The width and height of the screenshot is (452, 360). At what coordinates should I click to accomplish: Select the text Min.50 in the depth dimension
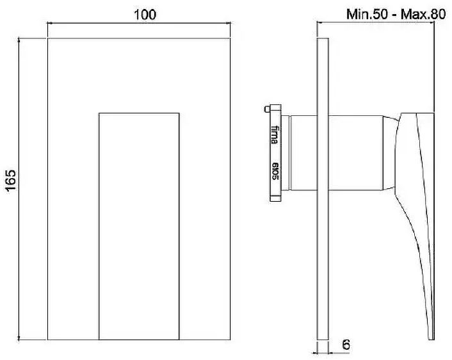point(367,13)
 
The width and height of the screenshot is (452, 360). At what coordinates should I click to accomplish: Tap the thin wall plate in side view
point(323,192)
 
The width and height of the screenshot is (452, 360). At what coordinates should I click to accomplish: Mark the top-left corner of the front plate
point(48,38)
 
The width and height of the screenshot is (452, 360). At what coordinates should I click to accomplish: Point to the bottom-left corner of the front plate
point(48,340)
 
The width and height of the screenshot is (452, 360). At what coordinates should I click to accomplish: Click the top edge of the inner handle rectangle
point(139,113)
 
